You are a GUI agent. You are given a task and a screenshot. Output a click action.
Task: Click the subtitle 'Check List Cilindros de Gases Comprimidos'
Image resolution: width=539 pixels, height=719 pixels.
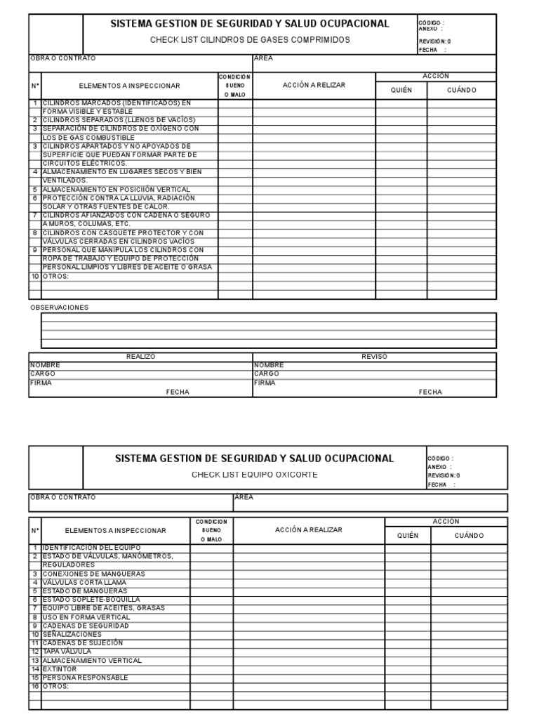250,40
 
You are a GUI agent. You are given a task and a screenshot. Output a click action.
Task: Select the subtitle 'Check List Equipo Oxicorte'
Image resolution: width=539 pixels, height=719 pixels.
255,475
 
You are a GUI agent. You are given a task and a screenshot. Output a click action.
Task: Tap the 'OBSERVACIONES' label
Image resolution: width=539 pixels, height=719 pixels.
60,308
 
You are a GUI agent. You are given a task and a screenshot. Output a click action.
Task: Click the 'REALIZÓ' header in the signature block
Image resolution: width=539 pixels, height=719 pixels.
140,357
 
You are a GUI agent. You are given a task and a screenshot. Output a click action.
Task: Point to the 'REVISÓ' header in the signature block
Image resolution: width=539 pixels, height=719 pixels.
374,357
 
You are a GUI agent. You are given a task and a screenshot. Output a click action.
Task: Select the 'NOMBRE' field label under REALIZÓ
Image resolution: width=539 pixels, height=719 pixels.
45,365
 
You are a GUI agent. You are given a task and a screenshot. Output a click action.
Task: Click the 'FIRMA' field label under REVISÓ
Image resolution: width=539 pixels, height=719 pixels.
265,383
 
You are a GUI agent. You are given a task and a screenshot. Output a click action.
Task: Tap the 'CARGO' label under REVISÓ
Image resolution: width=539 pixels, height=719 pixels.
267,374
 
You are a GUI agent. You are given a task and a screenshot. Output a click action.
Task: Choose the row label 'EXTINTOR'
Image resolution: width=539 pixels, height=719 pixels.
59,669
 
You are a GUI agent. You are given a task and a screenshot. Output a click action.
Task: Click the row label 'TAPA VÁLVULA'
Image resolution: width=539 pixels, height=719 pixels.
67,652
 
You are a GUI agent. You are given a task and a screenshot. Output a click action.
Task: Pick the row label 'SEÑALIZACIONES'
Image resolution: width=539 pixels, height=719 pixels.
72,634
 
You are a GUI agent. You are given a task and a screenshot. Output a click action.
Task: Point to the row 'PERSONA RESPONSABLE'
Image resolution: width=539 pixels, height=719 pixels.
86,678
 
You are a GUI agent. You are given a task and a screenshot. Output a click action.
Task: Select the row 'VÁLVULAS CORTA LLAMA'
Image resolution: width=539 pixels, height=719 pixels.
84,582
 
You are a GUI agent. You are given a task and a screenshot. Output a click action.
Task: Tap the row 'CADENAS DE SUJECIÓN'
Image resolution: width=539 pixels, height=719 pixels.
83,642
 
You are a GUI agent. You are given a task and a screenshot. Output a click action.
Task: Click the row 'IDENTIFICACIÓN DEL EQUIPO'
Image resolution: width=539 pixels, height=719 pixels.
92,547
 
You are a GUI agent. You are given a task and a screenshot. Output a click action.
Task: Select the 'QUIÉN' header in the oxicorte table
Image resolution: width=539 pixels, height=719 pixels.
408,535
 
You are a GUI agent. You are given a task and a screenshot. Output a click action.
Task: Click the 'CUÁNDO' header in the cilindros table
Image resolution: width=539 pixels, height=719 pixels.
461,90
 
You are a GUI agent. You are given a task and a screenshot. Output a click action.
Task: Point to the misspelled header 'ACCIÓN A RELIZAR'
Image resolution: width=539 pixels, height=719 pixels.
314,85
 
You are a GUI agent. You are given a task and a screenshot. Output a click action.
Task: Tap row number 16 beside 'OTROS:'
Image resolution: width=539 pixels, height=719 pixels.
34,686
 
